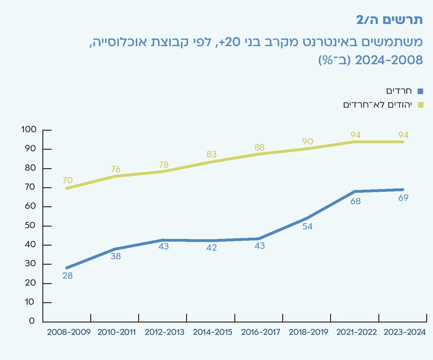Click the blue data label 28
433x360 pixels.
tap(68, 275)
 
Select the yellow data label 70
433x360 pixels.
tap(68, 180)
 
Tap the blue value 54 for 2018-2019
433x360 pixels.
tap(307, 227)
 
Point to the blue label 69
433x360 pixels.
tap(403, 198)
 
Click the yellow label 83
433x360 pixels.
tap(212, 154)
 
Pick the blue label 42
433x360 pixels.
tap(212, 247)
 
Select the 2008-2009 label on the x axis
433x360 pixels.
tap(69, 332)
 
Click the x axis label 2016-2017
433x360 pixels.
tap(260, 332)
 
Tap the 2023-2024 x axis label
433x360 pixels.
tap(404, 332)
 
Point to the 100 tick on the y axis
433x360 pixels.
tap(29, 129)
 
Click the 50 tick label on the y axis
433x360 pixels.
tap(30, 225)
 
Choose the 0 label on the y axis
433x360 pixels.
tap(32, 321)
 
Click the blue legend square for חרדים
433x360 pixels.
tap(420, 91)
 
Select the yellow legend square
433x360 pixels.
tap(420, 105)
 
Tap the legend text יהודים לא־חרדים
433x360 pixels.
tap(377, 105)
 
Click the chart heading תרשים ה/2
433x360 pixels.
tap(389, 20)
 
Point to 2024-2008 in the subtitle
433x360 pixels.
tap(389, 60)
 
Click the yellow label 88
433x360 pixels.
tap(259, 147)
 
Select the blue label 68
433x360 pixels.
tap(355, 201)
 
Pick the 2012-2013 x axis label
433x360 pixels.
tap(164, 332)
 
